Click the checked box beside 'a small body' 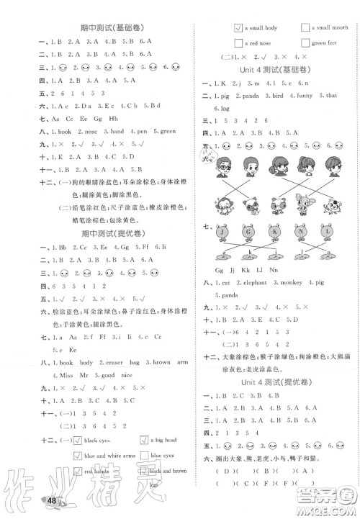(x=238, y=28)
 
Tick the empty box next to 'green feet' (x=305, y=43)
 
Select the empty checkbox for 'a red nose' (x=238, y=43)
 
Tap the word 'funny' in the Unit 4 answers (x=300, y=95)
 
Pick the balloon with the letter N (x=302, y=234)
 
